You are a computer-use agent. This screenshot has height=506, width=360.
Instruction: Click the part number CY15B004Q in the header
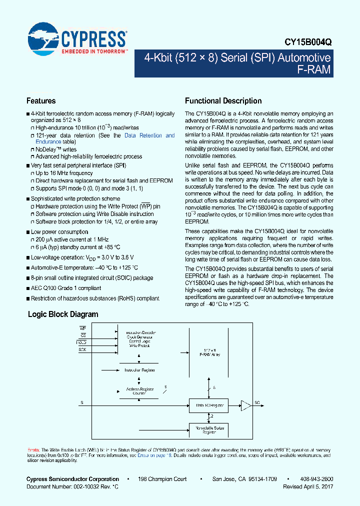click(x=309, y=43)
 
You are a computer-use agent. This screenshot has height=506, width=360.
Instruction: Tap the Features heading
click(x=41, y=100)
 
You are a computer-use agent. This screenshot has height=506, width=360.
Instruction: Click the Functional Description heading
click(x=223, y=100)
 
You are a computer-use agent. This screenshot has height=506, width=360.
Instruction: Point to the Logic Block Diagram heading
click(x=63, y=314)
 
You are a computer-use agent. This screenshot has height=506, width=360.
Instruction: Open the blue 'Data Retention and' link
click(x=149, y=135)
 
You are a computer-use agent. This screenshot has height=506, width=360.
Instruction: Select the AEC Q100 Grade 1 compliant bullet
click(x=66, y=288)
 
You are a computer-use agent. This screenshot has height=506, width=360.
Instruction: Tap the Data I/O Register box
click(x=208, y=405)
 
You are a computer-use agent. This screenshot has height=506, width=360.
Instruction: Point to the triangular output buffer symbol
click(x=246, y=405)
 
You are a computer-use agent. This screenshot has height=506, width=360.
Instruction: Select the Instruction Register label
click(x=139, y=370)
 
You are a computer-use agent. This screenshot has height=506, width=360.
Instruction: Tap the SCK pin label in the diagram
click(x=82, y=349)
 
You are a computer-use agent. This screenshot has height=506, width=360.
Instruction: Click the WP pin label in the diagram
click(x=83, y=328)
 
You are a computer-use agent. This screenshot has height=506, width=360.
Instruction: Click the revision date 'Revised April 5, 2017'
click(x=308, y=486)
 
